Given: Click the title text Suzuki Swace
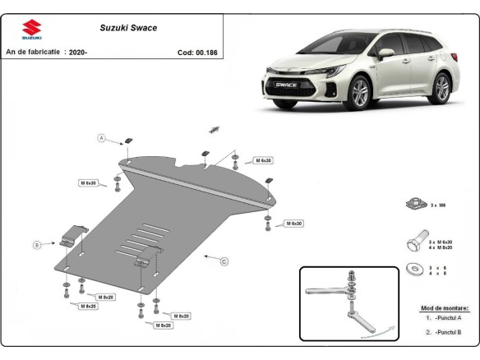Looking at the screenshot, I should point(128,28).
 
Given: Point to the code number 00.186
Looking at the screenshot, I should point(205,53).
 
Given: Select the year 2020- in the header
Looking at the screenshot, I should point(80,53).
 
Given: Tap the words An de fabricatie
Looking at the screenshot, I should point(33,53).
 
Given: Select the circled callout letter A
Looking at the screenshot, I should point(103,137).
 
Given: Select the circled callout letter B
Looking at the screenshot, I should point(36,244).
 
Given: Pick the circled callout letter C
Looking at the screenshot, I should point(224,261).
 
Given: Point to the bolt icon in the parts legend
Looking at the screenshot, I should point(413,242).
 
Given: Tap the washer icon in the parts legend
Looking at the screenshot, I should point(413,269).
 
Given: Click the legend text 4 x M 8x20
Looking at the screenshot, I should point(440,247).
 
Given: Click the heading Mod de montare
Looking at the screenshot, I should point(441,307).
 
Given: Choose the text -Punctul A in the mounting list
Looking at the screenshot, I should point(446,318).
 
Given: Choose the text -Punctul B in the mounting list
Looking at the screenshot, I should point(446,332).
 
